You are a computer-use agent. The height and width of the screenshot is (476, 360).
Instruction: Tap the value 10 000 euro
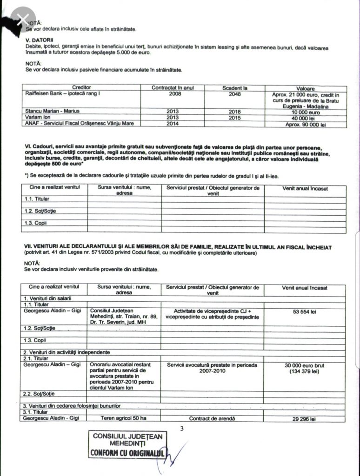click(x=306, y=112)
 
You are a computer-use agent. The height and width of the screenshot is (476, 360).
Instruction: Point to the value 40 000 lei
click(x=306, y=119)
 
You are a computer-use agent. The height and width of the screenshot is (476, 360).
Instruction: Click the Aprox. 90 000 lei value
click(x=306, y=125)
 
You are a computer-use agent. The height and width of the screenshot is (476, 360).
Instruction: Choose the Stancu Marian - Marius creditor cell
click(x=52, y=112)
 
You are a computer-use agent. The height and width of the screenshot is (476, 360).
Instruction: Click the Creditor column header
click(x=81, y=87)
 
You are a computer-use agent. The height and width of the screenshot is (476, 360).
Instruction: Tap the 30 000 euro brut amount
click(x=305, y=366)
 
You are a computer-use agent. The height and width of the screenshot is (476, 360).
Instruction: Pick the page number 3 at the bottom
click(x=182, y=429)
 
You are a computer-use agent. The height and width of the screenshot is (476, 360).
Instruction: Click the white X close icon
click(x=21, y=20)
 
